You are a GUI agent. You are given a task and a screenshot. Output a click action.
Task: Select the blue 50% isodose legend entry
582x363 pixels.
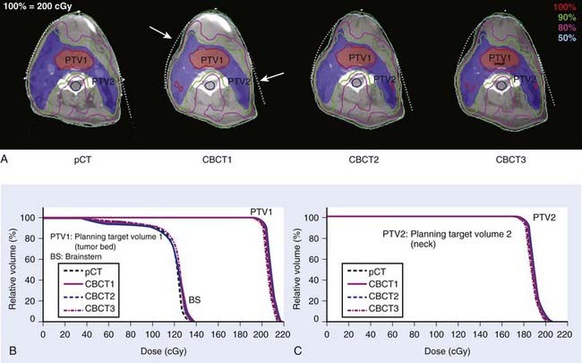(x=564, y=41)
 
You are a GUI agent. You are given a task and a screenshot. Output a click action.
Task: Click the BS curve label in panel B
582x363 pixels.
(x=193, y=302)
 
